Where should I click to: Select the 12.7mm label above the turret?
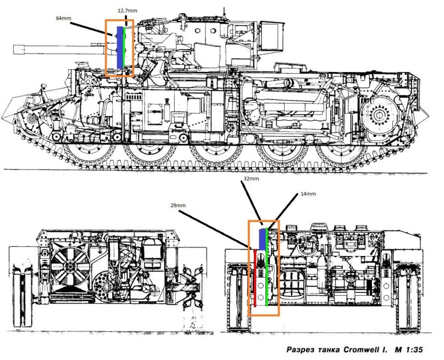(x=127, y=10)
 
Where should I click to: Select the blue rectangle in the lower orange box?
(x=262, y=238)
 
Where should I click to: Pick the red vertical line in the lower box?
(x=256, y=278)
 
